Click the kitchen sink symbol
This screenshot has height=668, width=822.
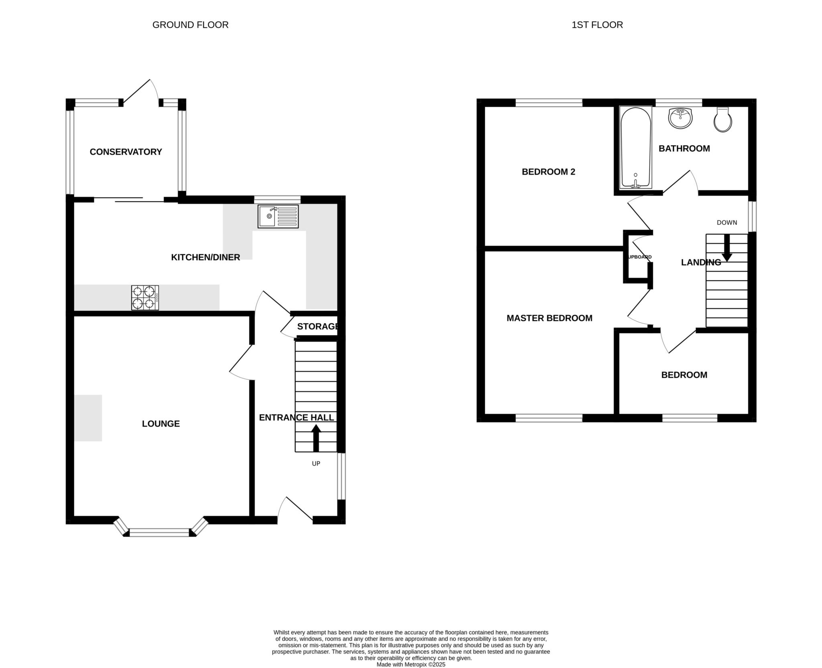pyautogui.click(x=278, y=216)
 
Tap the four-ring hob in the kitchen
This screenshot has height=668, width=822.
pyautogui.click(x=145, y=297)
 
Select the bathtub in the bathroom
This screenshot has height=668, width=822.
pyautogui.click(x=636, y=147)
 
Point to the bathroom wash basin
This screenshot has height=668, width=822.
pyautogui.click(x=680, y=118)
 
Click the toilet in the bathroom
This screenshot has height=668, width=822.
pyautogui.click(x=723, y=120)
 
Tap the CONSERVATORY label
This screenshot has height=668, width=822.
pyautogui.click(x=126, y=152)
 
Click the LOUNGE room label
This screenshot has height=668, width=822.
pyautogui.click(x=161, y=424)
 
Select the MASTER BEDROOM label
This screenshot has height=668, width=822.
pyautogui.click(x=549, y=318)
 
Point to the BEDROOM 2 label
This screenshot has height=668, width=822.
pyautogui.click(x=548, y=172)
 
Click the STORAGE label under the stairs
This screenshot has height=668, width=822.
pyautogui.click(x=317, y=326)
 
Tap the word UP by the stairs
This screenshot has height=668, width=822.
pyautogui.click(x=316, y=464)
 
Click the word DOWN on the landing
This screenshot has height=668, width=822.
pyautogui.click(x=727, y=222)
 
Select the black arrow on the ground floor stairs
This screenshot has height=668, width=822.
pyautogui.click(x=316, y=438)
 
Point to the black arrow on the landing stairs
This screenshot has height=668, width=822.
pyautogui.click(x=727, y=248)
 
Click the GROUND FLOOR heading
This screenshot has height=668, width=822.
pyautogui.click(x=190, y=25)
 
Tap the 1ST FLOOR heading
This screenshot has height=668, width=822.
pyautogui.click(x=597, y=25)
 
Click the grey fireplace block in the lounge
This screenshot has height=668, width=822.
pyautogui.click(x=88, y=418)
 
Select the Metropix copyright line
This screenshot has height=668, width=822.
pyautogui.click(x=411, y=664)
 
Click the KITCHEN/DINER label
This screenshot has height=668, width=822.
pyautogui.click(x=205, y=257)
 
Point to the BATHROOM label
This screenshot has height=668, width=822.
pyautogui.click(x=684, y=149)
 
